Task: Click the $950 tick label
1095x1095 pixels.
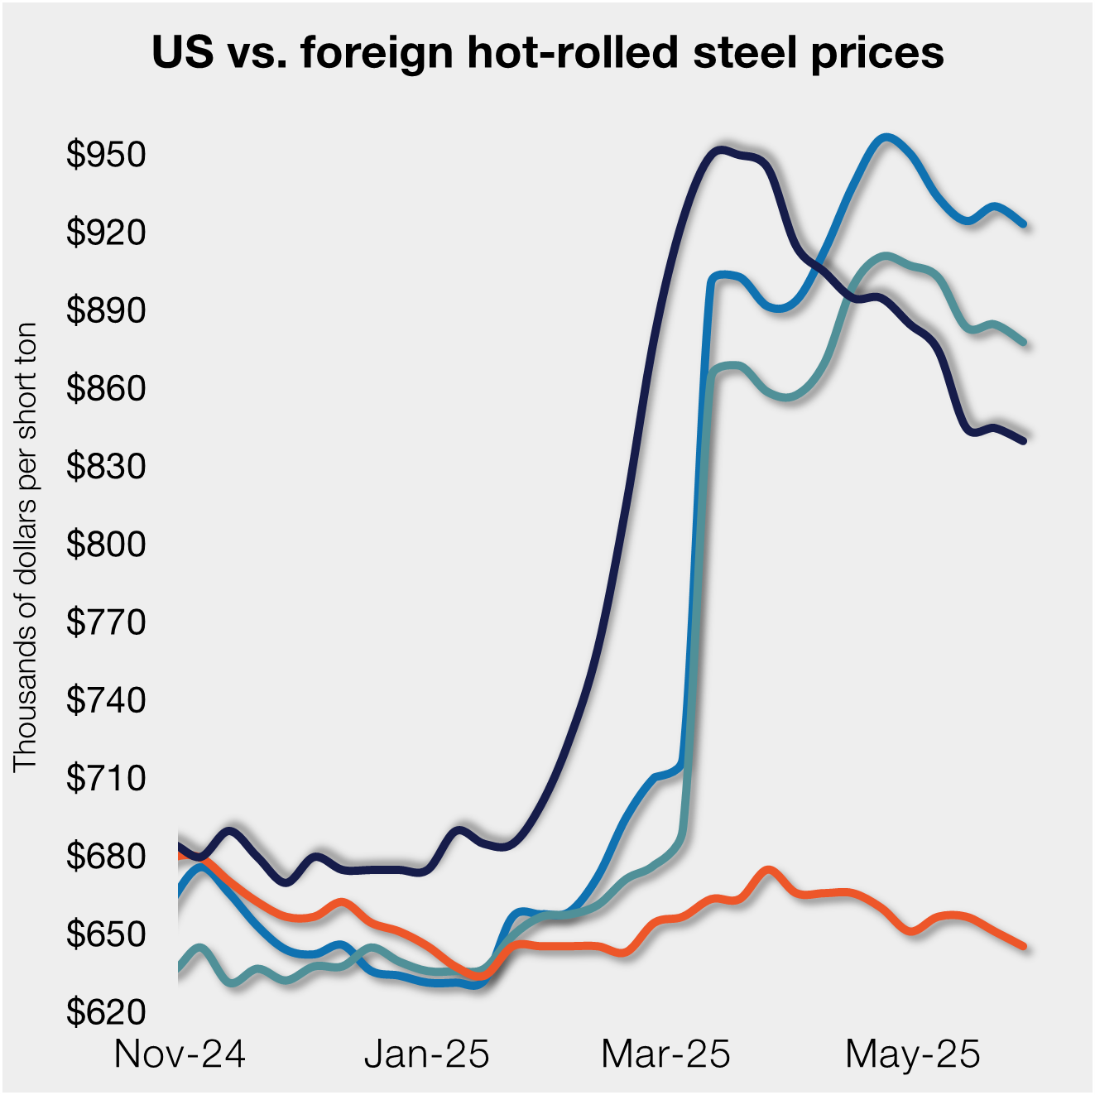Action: [106, 155]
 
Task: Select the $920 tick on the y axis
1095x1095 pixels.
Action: [106, 233]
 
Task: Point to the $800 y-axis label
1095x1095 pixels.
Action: [106, 545]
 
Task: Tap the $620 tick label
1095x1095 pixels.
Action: [106, 1012]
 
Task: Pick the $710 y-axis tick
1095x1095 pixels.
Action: [106, 778]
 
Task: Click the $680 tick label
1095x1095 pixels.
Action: [106, 856]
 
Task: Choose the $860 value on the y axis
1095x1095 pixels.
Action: [106, 388]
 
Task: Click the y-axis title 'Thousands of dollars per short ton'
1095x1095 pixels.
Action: [26, 547]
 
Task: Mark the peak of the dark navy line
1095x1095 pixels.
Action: [721, 150]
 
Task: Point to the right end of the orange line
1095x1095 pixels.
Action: [1024, 946]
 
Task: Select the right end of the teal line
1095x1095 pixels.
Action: [1024, 341]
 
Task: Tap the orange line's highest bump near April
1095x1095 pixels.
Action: [769, 870]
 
